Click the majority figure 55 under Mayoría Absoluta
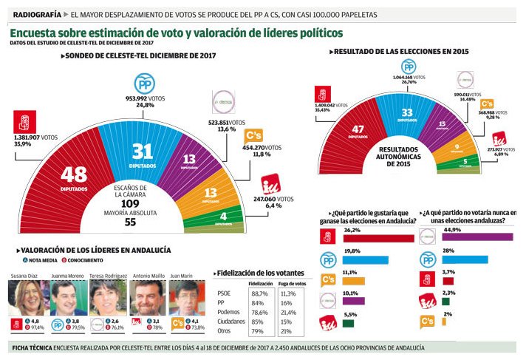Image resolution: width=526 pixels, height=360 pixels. (x=129, y=221)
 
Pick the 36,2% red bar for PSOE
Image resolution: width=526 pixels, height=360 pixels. (x=378, y=238)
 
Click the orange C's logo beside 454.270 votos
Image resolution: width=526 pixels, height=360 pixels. (x=253, y=136)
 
